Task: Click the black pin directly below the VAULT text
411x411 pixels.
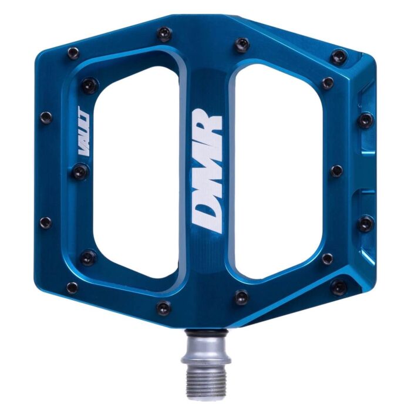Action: [81, 171]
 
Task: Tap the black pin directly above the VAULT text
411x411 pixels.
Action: [88, 86]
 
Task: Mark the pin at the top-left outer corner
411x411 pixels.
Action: [73, 53]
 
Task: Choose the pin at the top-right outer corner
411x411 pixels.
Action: [339, 57]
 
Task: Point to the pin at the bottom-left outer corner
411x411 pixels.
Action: [72, 288]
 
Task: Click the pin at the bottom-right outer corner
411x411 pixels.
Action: [339, 287]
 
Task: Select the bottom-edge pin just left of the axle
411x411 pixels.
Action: [164, 308]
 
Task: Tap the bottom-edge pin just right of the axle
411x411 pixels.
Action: [241, 297]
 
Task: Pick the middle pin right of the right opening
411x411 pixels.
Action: [336, 171]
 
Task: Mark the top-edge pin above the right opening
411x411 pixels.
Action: [241, 45]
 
